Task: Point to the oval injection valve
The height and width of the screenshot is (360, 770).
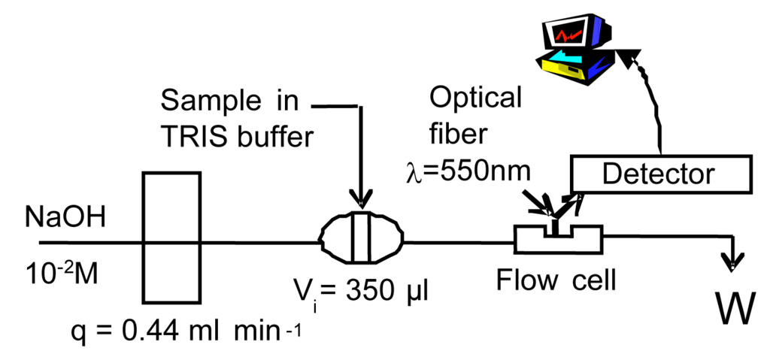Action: (361, 240)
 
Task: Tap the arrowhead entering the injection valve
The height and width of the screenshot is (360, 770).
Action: (361, 200)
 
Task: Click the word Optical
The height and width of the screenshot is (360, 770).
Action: (474, 98)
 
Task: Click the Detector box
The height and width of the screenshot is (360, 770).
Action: (661, 174)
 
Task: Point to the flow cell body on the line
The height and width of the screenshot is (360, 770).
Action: (557, 241)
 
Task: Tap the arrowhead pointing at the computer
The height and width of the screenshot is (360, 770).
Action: (629, 53)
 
